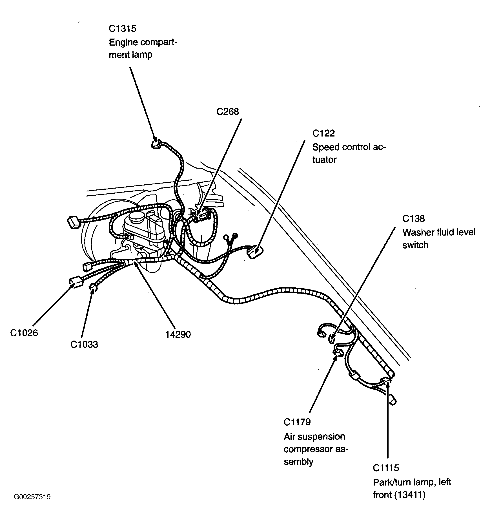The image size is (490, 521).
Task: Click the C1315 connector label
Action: pyautogui.click(x=122, y=29)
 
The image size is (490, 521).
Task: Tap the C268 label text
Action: pyautogui.click(x=227, y=112)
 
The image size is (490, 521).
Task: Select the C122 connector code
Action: pyautogui.click(x=323, y=133)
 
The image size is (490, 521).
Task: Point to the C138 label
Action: pyautogui.click(x=413, y=218)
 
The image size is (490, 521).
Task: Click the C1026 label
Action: pyautogui.click(x=24, y=333)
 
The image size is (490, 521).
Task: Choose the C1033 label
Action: pyautogui.click(x=84, y=344)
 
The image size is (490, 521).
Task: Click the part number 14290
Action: pyautogui.click(x=178, y=334)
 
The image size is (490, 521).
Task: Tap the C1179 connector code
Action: pyautogui.click(x=297, y=422)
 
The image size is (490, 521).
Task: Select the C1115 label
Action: pyautogui.click(x=386, y=468)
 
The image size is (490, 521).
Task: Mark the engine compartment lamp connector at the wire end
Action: pyautogui.click(x=156, y=144)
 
